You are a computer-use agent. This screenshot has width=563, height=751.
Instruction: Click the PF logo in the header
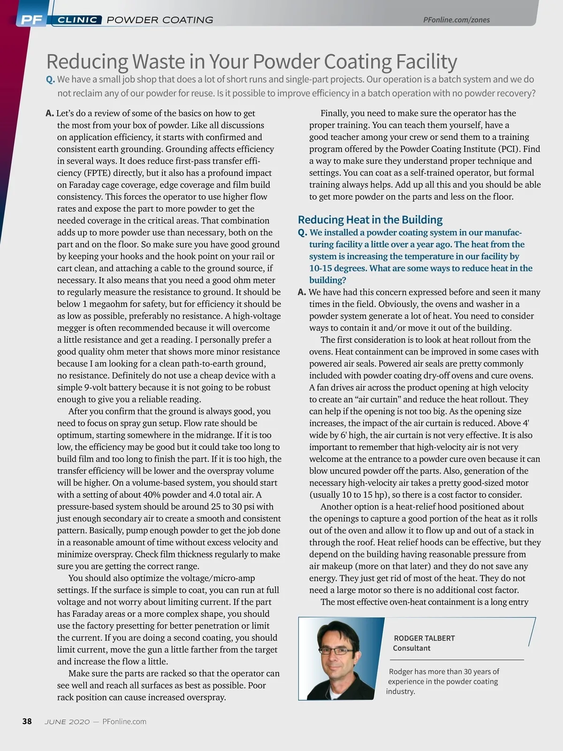coord(31,20)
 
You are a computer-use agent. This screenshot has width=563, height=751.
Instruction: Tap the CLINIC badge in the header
coord(77,20)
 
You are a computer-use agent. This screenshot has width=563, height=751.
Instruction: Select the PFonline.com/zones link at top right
coord(456,20)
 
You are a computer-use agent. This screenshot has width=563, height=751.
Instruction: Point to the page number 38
coord(27,721)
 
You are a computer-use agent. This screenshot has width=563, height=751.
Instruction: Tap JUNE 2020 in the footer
coord(67,722)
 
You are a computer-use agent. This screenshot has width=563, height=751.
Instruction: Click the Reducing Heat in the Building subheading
coord(370,220)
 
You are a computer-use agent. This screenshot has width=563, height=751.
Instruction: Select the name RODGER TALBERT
coord(424,638)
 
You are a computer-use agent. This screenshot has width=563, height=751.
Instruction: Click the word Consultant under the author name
coord(411,648)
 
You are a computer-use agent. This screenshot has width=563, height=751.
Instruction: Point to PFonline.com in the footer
coord(124,722)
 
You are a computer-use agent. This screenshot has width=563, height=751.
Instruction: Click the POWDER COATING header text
coord(160,20)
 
